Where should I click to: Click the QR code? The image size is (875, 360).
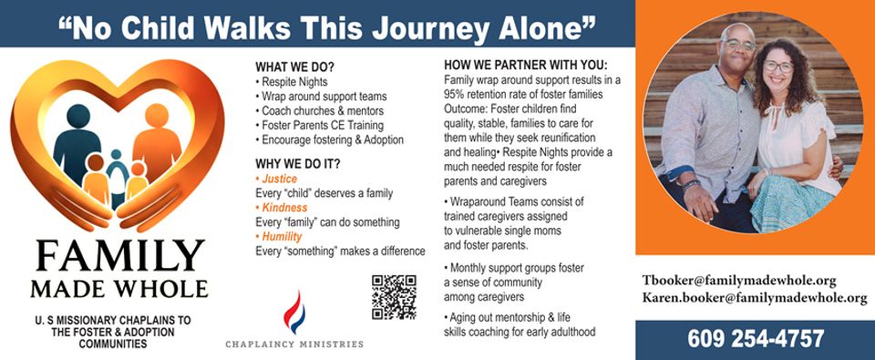[x=394, y=297]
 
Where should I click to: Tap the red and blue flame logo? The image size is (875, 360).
[x=294, y=312]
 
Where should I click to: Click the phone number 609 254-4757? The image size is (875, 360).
[x=755, y=339]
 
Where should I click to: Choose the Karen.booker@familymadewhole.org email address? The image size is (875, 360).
[x=755, y=298]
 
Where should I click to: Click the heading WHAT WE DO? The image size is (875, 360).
[x=294, y=67]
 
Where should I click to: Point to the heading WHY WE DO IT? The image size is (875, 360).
[x=298, y=164]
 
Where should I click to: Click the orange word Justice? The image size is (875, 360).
[x=280, y=180]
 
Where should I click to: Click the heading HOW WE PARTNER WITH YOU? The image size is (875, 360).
[x=526, y=64]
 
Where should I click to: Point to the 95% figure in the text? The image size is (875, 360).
[x=454, y=94]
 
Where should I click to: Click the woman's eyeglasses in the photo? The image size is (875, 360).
[x=778, y=66]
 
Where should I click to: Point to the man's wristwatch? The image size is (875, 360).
[x=690, y=185]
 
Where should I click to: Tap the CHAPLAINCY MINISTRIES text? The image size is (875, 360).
[x=294, y=345]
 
